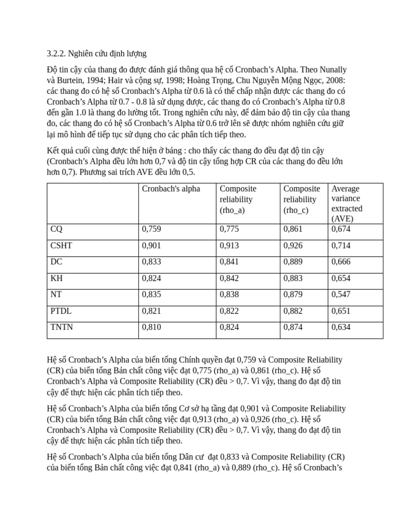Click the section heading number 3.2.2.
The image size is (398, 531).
56,53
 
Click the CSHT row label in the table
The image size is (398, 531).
61,245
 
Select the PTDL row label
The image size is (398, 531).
61,311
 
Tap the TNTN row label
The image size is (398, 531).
62,327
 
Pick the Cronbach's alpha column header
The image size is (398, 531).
170,189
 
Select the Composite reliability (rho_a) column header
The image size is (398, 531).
238,199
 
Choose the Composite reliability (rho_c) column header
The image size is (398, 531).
302,199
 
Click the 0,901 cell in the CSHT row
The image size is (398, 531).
151,245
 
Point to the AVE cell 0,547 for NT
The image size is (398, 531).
341,294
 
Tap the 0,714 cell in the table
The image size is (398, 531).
341,245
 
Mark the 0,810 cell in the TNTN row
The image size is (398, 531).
151,327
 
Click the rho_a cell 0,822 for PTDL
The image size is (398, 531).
229,311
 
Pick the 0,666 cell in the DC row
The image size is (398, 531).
341,261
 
